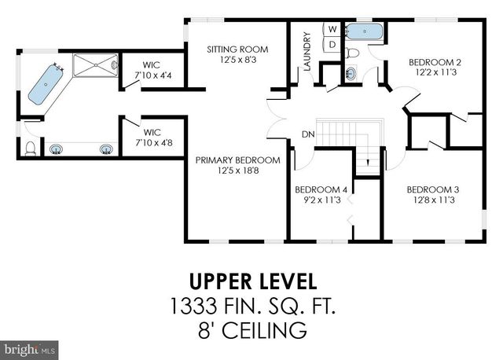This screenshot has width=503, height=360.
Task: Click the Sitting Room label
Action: [232, 49]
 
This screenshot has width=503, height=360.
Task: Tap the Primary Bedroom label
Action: [232, 160]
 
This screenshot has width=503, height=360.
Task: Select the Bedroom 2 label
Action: [433, 62]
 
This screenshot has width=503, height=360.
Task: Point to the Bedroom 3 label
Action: [431, 189]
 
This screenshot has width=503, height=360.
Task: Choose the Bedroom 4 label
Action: [321, 189]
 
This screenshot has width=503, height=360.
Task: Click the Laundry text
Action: [307, 52]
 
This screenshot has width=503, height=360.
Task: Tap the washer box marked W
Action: [332, 29]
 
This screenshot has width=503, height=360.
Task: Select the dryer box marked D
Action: [332, 44]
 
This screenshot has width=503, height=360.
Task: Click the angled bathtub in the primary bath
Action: [46, 84]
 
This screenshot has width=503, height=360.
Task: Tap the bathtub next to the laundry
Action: [364, 31]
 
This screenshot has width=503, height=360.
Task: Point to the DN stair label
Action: [308, 134]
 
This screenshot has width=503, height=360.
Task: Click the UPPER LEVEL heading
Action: [251, 281]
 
